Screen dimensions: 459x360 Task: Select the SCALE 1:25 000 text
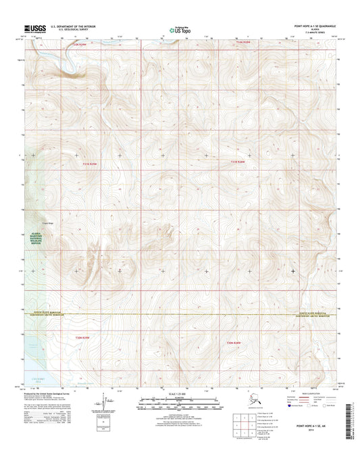coord(180,394)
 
